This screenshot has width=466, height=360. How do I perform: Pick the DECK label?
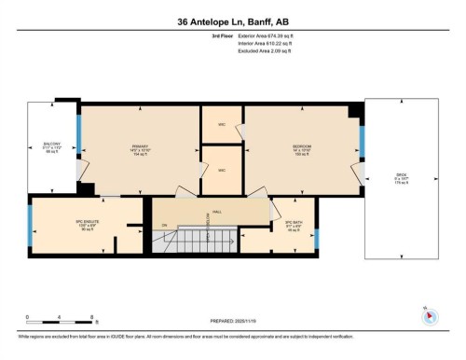[x=403, y=178]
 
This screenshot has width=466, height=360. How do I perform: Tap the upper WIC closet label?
[x=222, y=124]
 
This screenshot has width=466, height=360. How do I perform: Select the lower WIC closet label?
[x=222, y=171]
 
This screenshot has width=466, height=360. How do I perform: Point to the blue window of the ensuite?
[x=32, y=228]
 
